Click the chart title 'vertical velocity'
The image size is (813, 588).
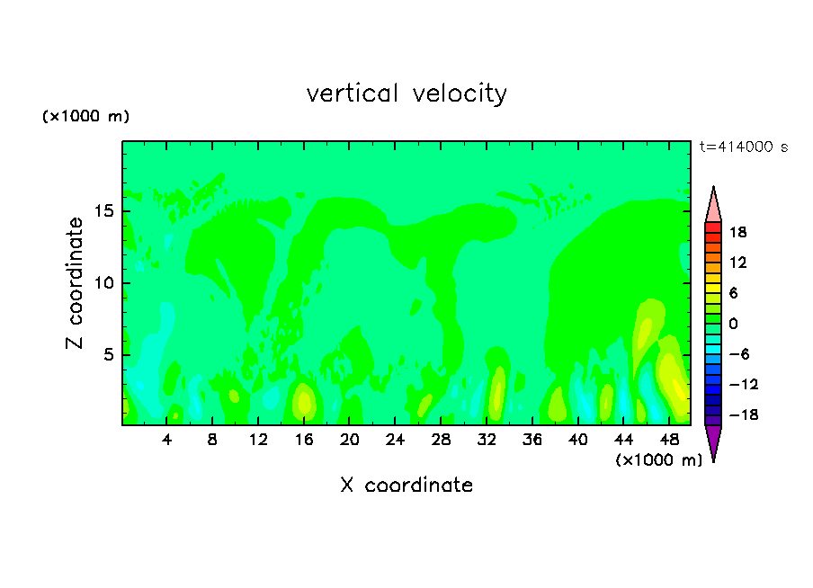click(406, 94)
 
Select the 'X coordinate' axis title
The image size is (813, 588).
click(406, 486)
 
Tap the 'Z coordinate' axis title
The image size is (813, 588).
click(75, 282)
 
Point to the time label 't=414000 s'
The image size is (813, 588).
click(743, 147)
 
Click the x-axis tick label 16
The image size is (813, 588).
click(304, 441)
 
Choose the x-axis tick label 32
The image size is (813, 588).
click(487, 441)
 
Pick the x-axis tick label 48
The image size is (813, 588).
click(669, 441)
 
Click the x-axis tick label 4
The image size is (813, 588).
click(167, 441)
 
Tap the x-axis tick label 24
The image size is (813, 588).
click(396, 441)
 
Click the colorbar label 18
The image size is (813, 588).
click(738, 232)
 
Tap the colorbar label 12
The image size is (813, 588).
click(738, 263)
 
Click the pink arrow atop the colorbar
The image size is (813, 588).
click(713, 205)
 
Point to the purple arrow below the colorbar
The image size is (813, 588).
click(713, 442)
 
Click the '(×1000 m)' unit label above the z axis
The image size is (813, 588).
click(85, 117)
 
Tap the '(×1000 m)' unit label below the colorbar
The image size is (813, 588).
click(658, 460)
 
